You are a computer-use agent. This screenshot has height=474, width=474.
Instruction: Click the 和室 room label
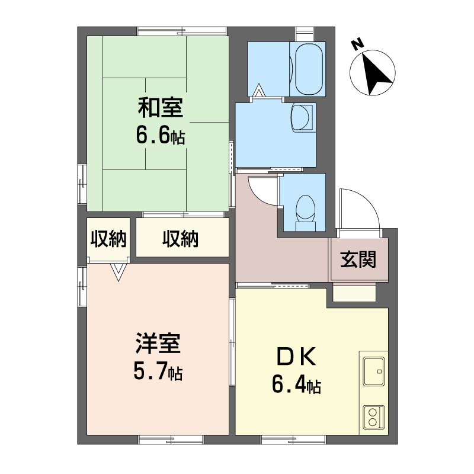(161, 108)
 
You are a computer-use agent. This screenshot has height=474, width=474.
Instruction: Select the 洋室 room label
(158, 344)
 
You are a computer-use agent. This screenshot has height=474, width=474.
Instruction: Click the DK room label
(297, 357)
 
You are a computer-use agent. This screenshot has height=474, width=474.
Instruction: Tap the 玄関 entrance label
(358, 260)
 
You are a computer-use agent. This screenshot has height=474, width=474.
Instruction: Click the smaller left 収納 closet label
(108, 239)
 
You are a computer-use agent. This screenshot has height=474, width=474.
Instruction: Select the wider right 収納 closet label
(181, 239)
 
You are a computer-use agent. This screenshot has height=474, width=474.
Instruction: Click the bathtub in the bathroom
(308, 69)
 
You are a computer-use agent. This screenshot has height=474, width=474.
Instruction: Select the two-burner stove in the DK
(374, 418)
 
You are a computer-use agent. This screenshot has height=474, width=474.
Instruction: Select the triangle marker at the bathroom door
(259, 90)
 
